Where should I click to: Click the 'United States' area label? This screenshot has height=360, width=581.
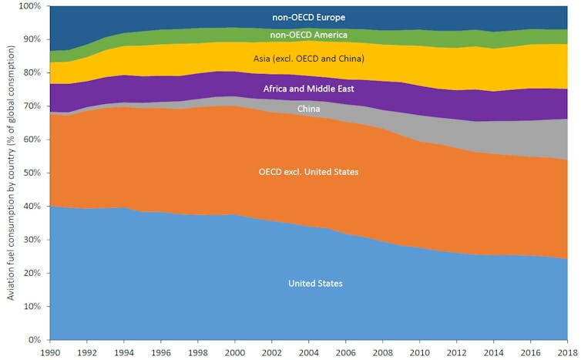click(x=315, y=284)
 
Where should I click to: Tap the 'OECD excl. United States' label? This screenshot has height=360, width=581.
click(x=309, y=172)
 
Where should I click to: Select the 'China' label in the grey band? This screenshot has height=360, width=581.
click(x=309, y=109)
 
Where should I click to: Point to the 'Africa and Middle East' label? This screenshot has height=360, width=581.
click(x=308, y=89)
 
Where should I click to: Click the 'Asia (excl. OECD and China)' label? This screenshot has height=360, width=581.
click(x=308, y=59)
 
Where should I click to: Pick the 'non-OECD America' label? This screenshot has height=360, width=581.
click(x=308, y=35)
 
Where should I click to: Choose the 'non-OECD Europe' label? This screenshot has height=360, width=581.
click(x=308, y=16)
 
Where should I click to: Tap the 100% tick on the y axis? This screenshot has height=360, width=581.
click(x=31, y=7)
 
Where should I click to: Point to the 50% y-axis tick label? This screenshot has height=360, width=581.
click(x=34, y=173)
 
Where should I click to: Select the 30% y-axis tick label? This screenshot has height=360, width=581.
click(x=34, y=240)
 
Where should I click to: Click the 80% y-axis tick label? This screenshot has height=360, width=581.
click(x=34, y=73)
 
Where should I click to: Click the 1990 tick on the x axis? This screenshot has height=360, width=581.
click(x=49, y=352)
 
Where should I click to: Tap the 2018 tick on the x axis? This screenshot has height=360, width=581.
click(x=569, y=352)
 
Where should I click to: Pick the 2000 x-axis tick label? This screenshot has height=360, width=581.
click(x=235, y=352)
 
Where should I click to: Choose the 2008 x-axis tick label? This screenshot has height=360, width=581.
click(x=383, y=352)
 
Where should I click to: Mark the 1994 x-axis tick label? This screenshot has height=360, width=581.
click(x=123, y=352)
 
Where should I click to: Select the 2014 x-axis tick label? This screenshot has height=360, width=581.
click(x=495, y=352)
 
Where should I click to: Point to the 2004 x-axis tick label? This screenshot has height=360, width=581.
click(x=309, y=352)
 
